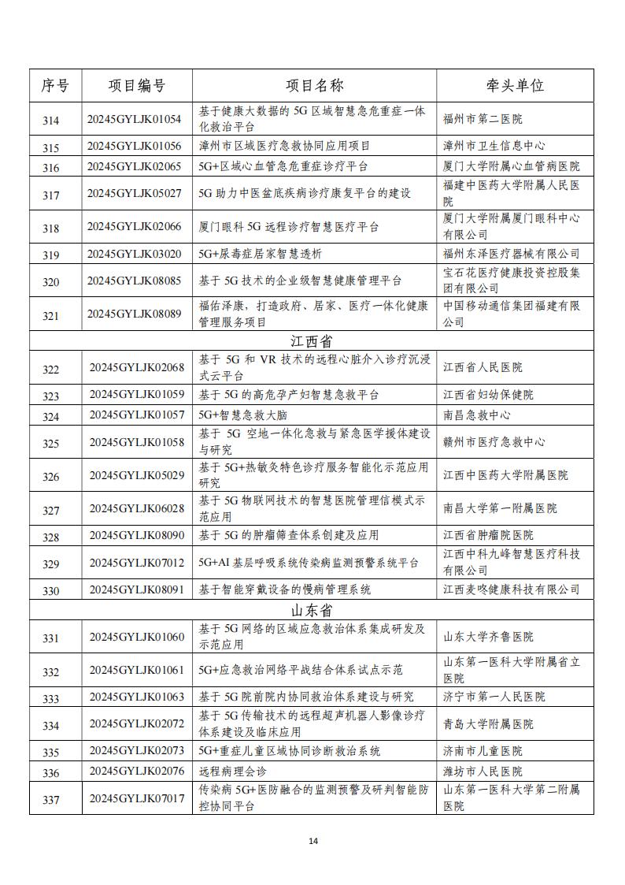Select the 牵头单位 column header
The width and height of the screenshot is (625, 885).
point(516,86)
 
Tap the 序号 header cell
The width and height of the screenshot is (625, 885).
point(55,86)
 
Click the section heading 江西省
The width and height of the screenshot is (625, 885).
point(312,341)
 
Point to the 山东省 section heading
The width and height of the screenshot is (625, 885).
point(312,611)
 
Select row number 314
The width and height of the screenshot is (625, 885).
point(51,120)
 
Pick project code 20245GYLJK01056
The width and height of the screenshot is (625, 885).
point(135,147)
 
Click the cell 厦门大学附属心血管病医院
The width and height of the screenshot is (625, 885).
point(511,167)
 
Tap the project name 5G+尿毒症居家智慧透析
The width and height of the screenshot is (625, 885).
point(260,254)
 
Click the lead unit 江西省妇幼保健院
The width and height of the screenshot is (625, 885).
point(488,395)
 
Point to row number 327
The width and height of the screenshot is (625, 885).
point(51,510)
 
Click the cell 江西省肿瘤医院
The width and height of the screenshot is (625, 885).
point(488,536)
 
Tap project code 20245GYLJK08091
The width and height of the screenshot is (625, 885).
point(137,589)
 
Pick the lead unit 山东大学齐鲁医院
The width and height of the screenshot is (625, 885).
point(488,637)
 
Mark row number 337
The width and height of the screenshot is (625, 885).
point(51,800)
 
